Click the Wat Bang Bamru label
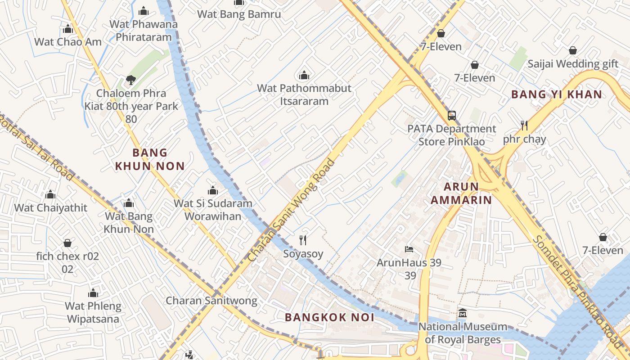pos(239,14)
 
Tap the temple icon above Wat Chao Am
pos(68,29)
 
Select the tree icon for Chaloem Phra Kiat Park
pos(131,80)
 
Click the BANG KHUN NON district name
pos(150,159)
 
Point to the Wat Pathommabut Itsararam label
pos(304,94)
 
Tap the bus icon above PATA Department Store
pos(452,116)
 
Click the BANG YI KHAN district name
pos(557,94)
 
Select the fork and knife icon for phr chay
pos(524,125)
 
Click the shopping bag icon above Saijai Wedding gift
pos(573,50)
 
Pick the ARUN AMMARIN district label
pos(461,193)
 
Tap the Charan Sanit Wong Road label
pos(292,210)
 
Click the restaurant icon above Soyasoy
pos(303,240)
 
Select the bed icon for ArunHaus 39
pos(409,249)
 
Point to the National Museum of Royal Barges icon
pos(463,313)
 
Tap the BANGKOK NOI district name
pos(329,317)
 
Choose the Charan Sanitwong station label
pos(211,301)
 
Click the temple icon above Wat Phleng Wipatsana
pos(93,293)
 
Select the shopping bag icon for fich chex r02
pos(67,243)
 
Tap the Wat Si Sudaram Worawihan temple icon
pos(213,190)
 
